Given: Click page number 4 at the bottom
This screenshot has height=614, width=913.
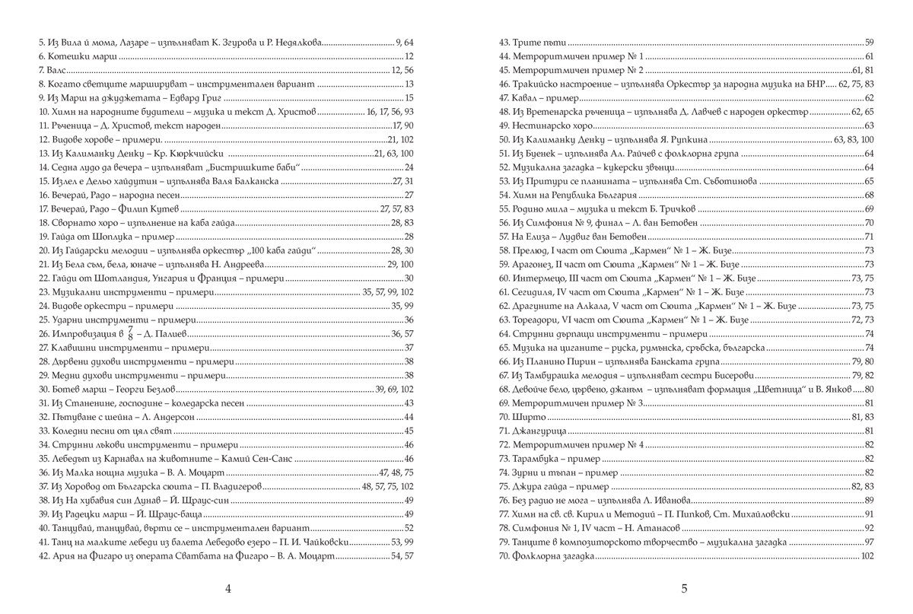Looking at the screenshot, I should pos(228,588).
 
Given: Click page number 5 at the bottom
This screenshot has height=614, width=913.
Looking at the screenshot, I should pos(684,588).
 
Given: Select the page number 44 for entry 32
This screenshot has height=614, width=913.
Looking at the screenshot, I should pos(408,416).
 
